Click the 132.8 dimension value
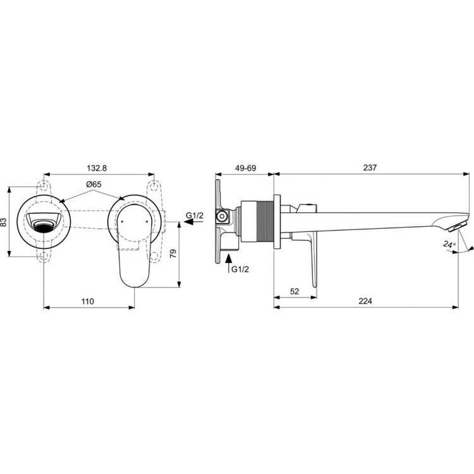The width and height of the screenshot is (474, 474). point(96,168)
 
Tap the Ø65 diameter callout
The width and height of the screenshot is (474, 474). point(93,185)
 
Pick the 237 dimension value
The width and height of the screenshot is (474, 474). point(370,168)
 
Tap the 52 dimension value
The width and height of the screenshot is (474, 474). point(295,291)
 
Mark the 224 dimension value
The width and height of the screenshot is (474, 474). point(365,302)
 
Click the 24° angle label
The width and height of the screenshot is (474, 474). point(449,243)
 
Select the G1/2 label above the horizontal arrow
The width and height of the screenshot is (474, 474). point(195,216)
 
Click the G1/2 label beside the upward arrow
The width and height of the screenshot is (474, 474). point(240,269)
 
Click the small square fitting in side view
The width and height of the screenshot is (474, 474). point(222,217)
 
